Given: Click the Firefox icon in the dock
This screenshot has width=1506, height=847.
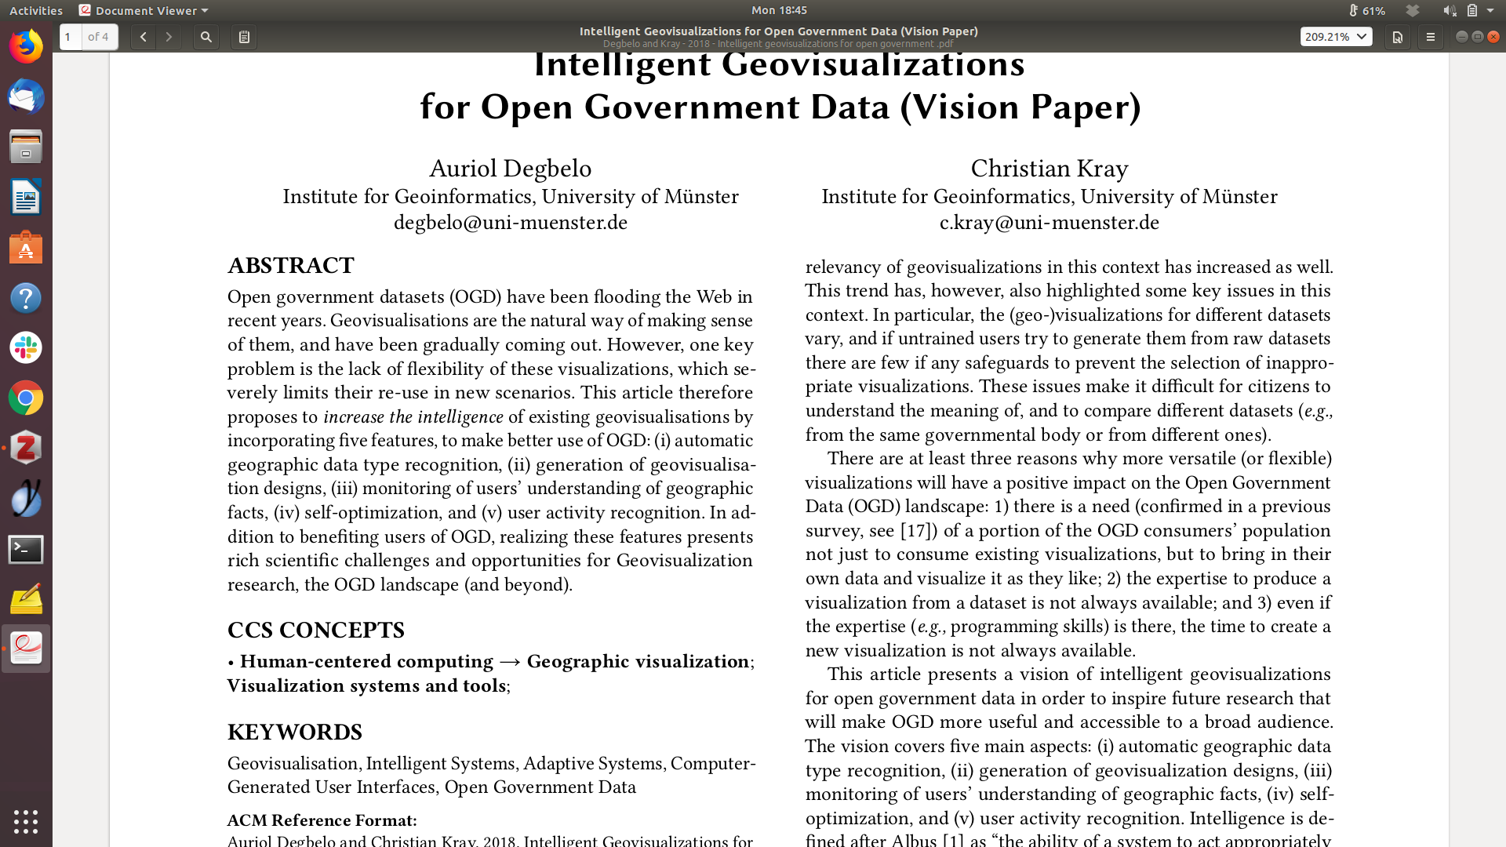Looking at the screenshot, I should [x=26, y=46].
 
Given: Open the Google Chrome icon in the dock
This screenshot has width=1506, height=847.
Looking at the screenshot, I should [x=26, y=398].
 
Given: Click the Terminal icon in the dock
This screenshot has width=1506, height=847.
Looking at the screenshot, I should [x=26, y=550].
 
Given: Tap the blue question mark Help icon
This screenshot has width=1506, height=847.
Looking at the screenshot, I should [x=26, y=298].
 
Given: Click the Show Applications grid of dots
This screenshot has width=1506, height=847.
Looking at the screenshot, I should [x=26, y=821].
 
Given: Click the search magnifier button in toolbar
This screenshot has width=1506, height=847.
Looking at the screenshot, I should [x=206, y=37].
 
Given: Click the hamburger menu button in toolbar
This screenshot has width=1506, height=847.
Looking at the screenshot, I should [x=1430, y=37].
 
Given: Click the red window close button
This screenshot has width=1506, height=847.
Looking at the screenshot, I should [x=1493, y=37].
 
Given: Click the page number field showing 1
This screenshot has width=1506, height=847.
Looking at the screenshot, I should [x=70, y=37].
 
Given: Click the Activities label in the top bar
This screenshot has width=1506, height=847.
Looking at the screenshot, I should [x=36, y=10].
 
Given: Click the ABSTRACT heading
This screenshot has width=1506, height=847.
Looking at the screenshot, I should [x=291, y=266].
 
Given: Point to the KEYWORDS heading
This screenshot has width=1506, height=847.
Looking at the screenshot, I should [x=295, y=732].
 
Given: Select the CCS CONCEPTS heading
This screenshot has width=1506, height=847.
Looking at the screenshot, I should [x=316, y=631].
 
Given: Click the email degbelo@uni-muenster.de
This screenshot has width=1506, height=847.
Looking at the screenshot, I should [x=511, y=223].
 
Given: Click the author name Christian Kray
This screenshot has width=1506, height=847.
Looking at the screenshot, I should [x=1049, y=169].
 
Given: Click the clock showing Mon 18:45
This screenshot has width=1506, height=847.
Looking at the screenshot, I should [x=779, y=10].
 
